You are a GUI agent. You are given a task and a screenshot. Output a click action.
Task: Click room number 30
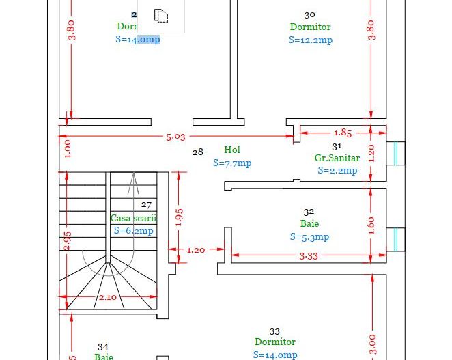coord(309,14)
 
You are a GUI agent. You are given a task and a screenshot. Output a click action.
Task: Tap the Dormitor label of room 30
coord(310,27)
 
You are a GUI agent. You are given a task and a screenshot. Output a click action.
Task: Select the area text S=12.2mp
coord(310,40)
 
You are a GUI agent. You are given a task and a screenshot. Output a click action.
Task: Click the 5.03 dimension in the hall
coord(175,137)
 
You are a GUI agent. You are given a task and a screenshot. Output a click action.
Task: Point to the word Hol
coord(232,150)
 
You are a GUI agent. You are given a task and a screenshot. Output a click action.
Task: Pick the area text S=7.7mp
coord(232,163)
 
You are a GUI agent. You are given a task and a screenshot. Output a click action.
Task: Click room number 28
coord(197,152)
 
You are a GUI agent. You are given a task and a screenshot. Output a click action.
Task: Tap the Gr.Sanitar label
coord(337,158)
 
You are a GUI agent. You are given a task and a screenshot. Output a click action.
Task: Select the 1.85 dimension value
coord(343,133)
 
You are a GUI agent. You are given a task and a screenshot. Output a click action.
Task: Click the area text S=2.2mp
coord(337,171)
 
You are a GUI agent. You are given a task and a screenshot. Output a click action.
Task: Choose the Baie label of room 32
coord(309,224)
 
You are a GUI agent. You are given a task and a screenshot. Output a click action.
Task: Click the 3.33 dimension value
coord(309,256)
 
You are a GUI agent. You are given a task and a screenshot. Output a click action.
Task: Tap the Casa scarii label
coord(133,218)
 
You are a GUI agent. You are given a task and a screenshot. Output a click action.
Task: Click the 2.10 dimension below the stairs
coord(108,297)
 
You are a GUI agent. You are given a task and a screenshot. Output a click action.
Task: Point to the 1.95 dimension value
coord(179,217)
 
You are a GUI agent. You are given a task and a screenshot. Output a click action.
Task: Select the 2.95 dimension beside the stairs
coord(67,240)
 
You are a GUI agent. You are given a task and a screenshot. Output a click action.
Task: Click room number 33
coord(274,331)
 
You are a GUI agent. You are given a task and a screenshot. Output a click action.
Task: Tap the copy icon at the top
coord(161,15)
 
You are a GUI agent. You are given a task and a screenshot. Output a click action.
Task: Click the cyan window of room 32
coord(395,238)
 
